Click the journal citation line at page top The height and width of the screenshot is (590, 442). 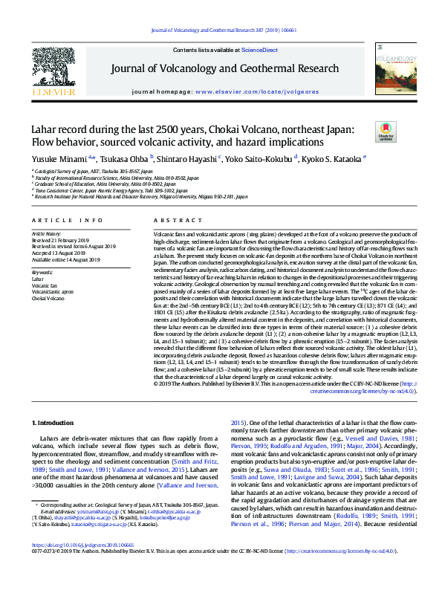[x=221, y=30]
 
